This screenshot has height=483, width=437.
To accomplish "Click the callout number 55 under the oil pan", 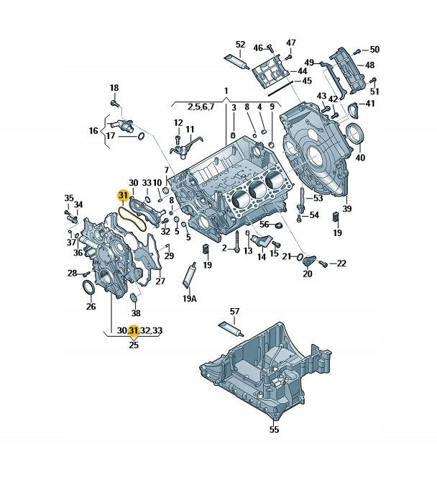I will tap(273, 430).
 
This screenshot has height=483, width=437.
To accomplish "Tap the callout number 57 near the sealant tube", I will tap(234, 311).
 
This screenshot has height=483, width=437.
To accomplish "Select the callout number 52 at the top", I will tap(240, 44).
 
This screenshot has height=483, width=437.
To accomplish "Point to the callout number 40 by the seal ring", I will tap(360, 158).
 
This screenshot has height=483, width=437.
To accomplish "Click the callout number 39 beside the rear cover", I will tap(346, 209).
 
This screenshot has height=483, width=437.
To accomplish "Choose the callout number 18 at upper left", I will tap(114, 88).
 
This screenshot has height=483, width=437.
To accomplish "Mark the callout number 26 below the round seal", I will tap(91, 307).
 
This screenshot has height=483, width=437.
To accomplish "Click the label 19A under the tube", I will tap(189, 298).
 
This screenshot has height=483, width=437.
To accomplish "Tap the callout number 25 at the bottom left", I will tap(133, 346).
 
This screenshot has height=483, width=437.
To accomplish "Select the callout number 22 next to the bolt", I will tap(341, 263).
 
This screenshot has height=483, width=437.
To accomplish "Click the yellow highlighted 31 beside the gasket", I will tap(123, 195).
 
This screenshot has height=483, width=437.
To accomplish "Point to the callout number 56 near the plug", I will tap(264, 225).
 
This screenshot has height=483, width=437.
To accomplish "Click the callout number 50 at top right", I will tap(374, 50).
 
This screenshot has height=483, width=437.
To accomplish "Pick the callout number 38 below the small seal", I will tap(136, 313).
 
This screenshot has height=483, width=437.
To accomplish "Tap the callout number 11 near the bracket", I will tap(190, 129).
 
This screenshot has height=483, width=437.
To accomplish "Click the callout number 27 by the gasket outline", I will tap(160, 281).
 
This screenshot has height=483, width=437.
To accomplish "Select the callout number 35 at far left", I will tap(69, 198).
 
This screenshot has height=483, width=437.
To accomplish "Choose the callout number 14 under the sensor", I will tap(262, 256).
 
